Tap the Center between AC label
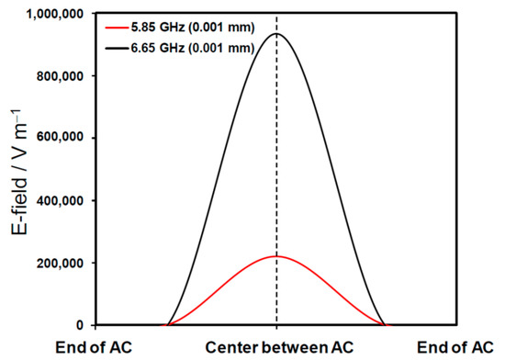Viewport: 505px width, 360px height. (276, 347)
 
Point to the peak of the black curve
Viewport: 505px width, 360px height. (276, 35)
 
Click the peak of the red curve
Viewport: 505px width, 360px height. (276, 256)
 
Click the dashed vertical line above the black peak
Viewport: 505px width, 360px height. (276, 24)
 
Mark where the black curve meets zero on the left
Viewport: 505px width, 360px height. (165, 325)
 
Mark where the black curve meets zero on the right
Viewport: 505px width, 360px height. (387, 325)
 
